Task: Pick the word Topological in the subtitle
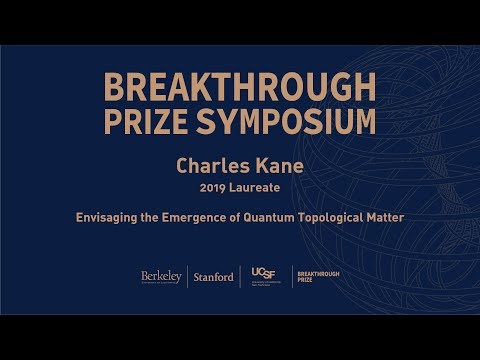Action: [x=328, y=213]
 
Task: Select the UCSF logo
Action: [x=264, y=276]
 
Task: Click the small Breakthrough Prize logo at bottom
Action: [x=318, y=277]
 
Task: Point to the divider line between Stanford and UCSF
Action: [x=240, y=277]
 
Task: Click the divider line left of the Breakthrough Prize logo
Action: [x=292, y=277]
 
